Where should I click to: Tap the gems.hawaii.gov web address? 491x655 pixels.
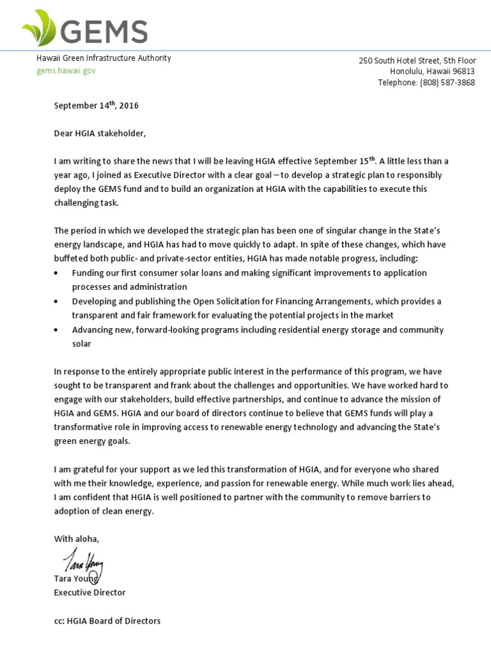click(65, 70)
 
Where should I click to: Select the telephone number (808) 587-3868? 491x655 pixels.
click(448, 83)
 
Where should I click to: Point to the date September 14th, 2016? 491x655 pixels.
click(96, 106)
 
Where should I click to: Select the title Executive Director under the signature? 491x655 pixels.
click(90, 592)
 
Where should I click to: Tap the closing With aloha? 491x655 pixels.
click(77, 539)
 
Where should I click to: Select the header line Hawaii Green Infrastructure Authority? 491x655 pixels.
click(103, 58)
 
